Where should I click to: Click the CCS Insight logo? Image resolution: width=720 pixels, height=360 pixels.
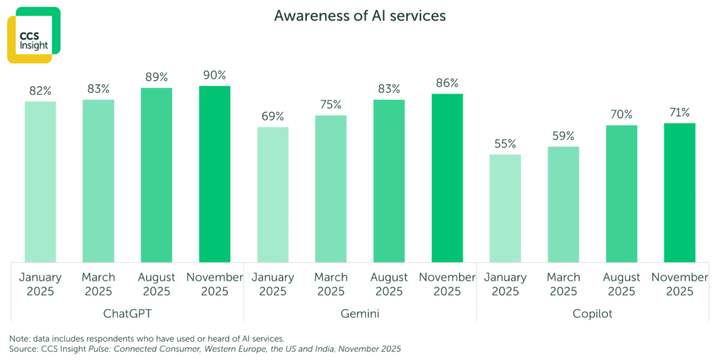pos(33,35)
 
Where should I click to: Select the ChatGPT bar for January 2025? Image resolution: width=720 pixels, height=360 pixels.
pos(40,181)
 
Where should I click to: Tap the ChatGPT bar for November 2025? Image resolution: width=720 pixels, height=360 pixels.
pos(214,174)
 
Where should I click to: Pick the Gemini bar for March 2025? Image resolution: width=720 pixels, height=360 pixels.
pos(330,188)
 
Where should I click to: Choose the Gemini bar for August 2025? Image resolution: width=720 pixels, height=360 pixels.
pos(389,181)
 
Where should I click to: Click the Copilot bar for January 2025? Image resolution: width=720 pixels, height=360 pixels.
pos(505,208)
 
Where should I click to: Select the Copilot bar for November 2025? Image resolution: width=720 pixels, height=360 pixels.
pos(679,193)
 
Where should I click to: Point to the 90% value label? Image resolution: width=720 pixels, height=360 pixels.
pos(214,75)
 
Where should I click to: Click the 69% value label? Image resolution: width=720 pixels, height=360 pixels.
pos(273,116)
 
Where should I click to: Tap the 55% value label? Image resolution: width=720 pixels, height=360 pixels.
pos(505,143)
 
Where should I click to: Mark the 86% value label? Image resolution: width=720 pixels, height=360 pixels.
pos(447,83)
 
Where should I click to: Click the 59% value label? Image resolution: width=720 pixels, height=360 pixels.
pos(563,136)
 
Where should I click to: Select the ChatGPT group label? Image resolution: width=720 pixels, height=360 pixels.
pos(127,314)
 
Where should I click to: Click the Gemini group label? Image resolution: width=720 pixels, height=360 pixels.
pos(360,314)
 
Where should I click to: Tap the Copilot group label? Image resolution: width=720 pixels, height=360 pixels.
pos(592,314)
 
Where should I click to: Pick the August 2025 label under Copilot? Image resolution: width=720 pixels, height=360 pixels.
pos(622,284)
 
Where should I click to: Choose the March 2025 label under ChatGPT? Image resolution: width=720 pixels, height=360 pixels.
pos(98,284)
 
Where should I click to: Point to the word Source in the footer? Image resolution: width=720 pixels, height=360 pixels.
pos(25,349)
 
